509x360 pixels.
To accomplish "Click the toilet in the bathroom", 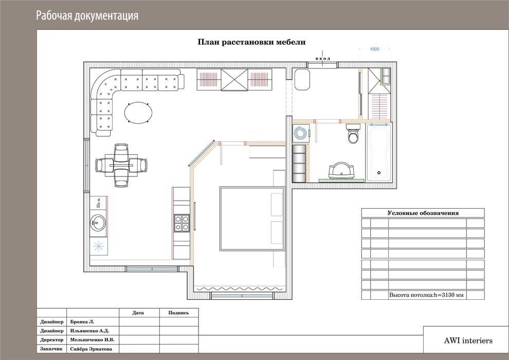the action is (353, 133).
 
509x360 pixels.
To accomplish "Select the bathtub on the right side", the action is (378, 152).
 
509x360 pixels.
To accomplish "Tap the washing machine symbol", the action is (301, 133).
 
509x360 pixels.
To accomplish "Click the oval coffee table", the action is (138, 113).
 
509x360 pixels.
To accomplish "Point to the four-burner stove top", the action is (182, 223).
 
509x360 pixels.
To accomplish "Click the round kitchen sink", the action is (98, 223).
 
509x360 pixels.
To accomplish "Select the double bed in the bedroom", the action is (252, 219).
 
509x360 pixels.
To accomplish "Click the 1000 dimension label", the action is (374, 49).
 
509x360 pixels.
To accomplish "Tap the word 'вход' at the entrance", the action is (323, 59).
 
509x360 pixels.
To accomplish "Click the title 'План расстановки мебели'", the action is (251, 42).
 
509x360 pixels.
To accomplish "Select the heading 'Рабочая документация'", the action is (87, 15).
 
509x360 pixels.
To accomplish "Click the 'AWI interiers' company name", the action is (468, 340).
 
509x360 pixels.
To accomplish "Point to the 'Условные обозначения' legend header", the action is (423, 213).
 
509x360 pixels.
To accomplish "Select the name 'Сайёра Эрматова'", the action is (91, 349).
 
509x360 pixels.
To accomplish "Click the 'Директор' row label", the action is (52, 340).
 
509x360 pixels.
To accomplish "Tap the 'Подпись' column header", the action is (178, 313).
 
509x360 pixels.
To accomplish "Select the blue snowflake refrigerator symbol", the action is (98, 246).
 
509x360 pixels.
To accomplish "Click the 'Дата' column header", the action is (138, 313).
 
